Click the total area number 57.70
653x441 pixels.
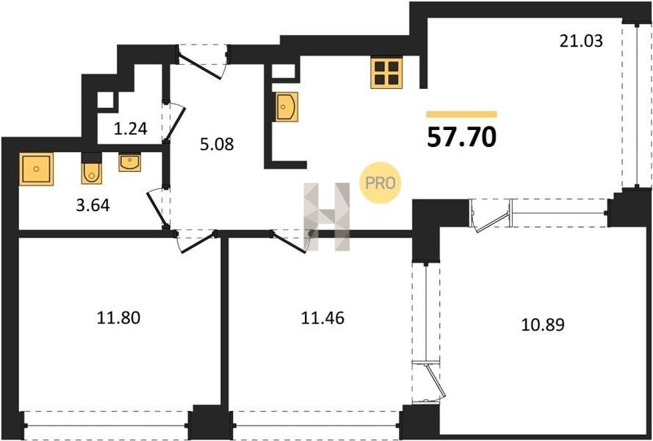(x=461, y=137)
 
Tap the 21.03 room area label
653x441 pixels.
(x=581, y=41)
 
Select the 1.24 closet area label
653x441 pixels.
(x=130, y=129)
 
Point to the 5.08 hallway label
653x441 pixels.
(x=217, y=144)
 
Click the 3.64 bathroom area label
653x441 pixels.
(x=93, y=205)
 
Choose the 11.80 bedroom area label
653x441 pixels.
(x=119, y=318)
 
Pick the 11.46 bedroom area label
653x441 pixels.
(x=322, y=318)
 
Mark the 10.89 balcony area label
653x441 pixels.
(x=543, y=325)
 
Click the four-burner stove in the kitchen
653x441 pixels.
(x=386, y=73)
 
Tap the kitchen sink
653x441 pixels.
(x=286, y=107)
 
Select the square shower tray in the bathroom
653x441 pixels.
(x=36, y=169)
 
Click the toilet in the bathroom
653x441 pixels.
(x=91, y=169)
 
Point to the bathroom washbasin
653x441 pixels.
(x=129, y=162)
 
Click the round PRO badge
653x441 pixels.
(x=380, y=183)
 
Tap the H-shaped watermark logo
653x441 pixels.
(x=327, y=217)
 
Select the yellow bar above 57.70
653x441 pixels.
(x=461, y=114)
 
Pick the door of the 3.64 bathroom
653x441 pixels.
(x=157, y=207)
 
